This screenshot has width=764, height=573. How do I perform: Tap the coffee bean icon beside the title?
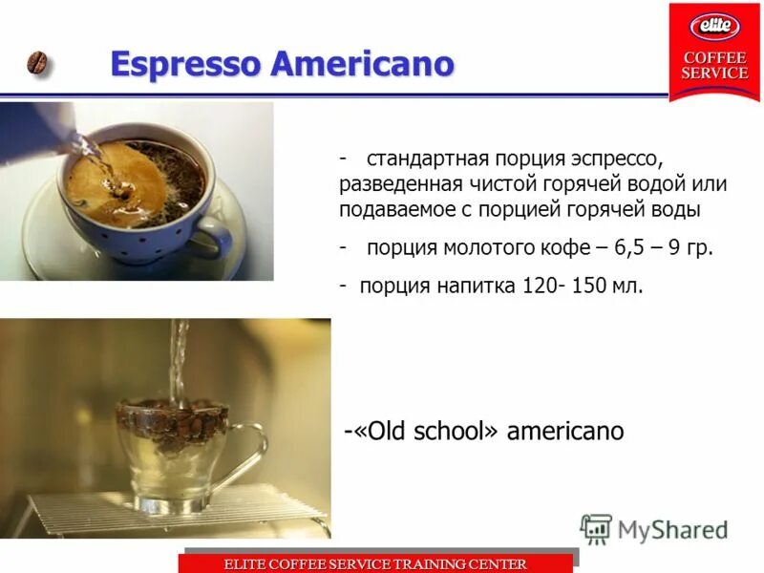[39, 64]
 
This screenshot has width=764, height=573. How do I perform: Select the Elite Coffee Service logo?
[714, 52]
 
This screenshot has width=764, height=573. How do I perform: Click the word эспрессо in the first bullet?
[607, 157]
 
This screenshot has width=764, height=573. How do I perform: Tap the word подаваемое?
[394, 208]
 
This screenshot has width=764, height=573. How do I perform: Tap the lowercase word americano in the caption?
[565, 431]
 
